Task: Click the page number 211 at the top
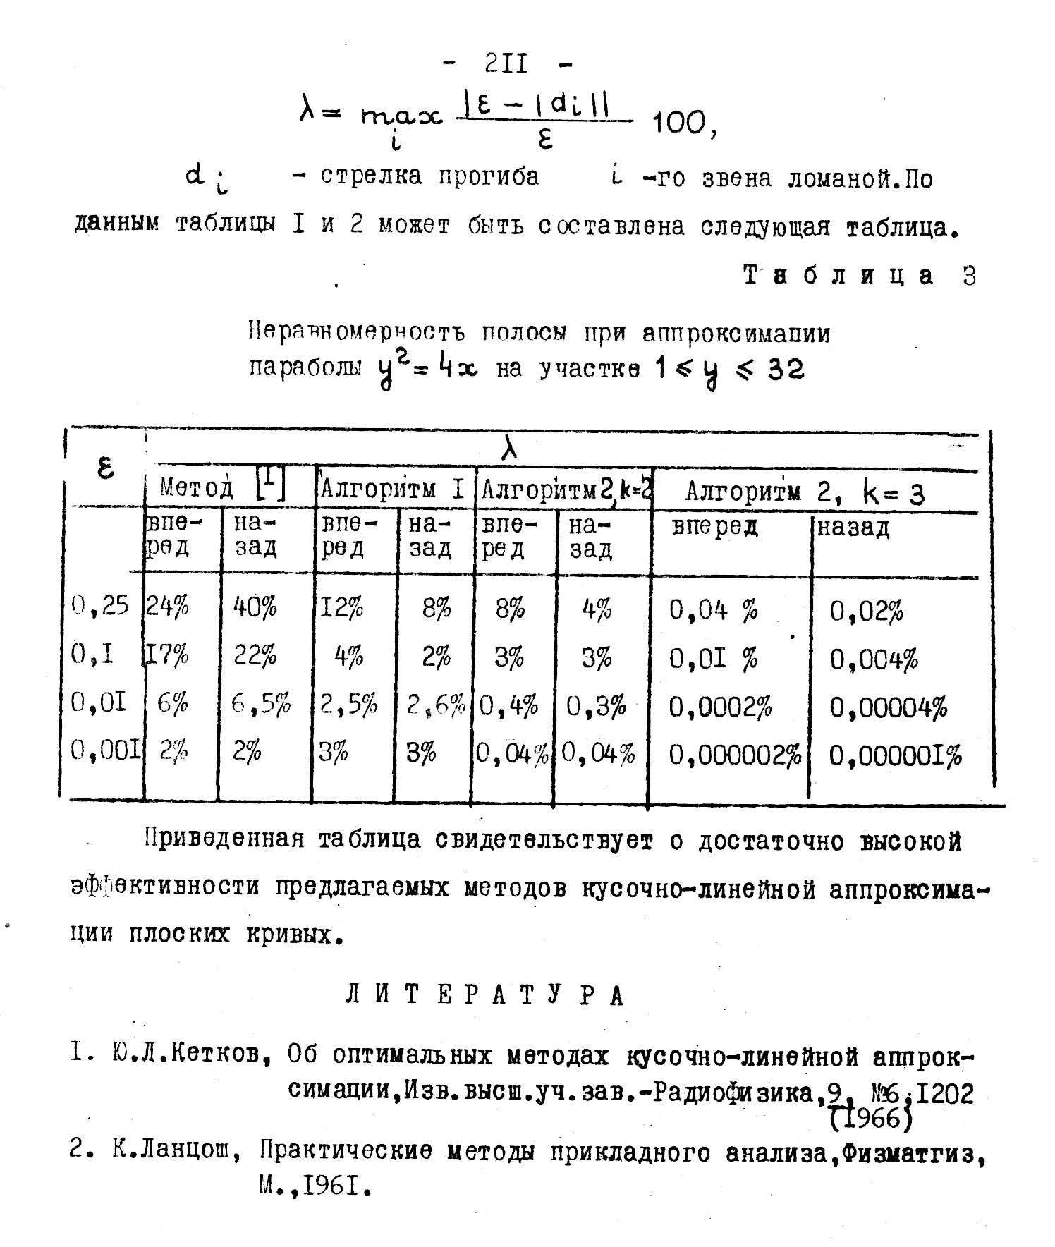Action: point(507,64)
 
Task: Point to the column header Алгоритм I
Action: point(392,489)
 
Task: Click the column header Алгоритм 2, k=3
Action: point(805,492)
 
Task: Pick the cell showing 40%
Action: point(255,607)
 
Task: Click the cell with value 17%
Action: point(168,657)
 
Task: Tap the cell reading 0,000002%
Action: point(734,755)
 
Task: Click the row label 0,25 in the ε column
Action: point(100,605)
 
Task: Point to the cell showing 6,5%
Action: point(261,704)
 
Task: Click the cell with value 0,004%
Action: point(874,659)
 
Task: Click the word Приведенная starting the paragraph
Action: point(224,839)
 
